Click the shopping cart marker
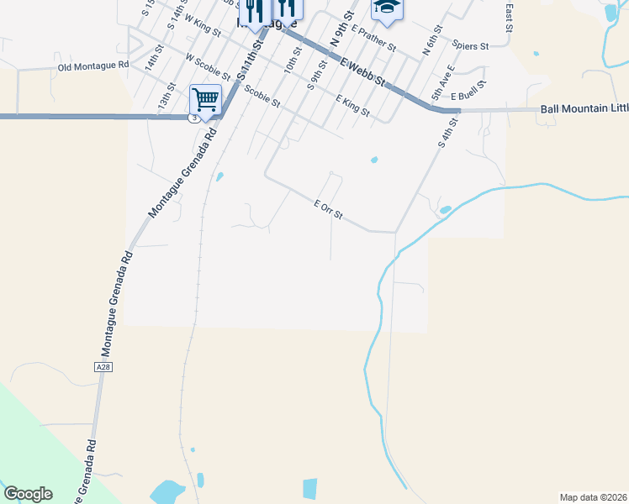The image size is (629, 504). [x=206, y=100]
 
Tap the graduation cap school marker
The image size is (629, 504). [x=387, y=8]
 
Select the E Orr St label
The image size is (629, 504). [x=328, y=210]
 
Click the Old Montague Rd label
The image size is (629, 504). [x=92, y=66]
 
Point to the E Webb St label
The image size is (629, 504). [x=362, y=71]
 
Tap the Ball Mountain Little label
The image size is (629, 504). [x=584, y=109]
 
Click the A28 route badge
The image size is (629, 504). [x=103, y=367]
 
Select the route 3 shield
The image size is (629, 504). [x=194, y=118]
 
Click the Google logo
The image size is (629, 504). [x=28, y=494]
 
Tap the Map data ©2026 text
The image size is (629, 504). [x=594, y=497]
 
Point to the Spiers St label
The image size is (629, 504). [x=470, y=45]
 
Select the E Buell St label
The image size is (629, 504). [x=469, y=97]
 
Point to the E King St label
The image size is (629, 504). [x=352, y=105]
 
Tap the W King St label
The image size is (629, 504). [x=202, y=26]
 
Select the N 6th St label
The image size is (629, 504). [x=431, y=41]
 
